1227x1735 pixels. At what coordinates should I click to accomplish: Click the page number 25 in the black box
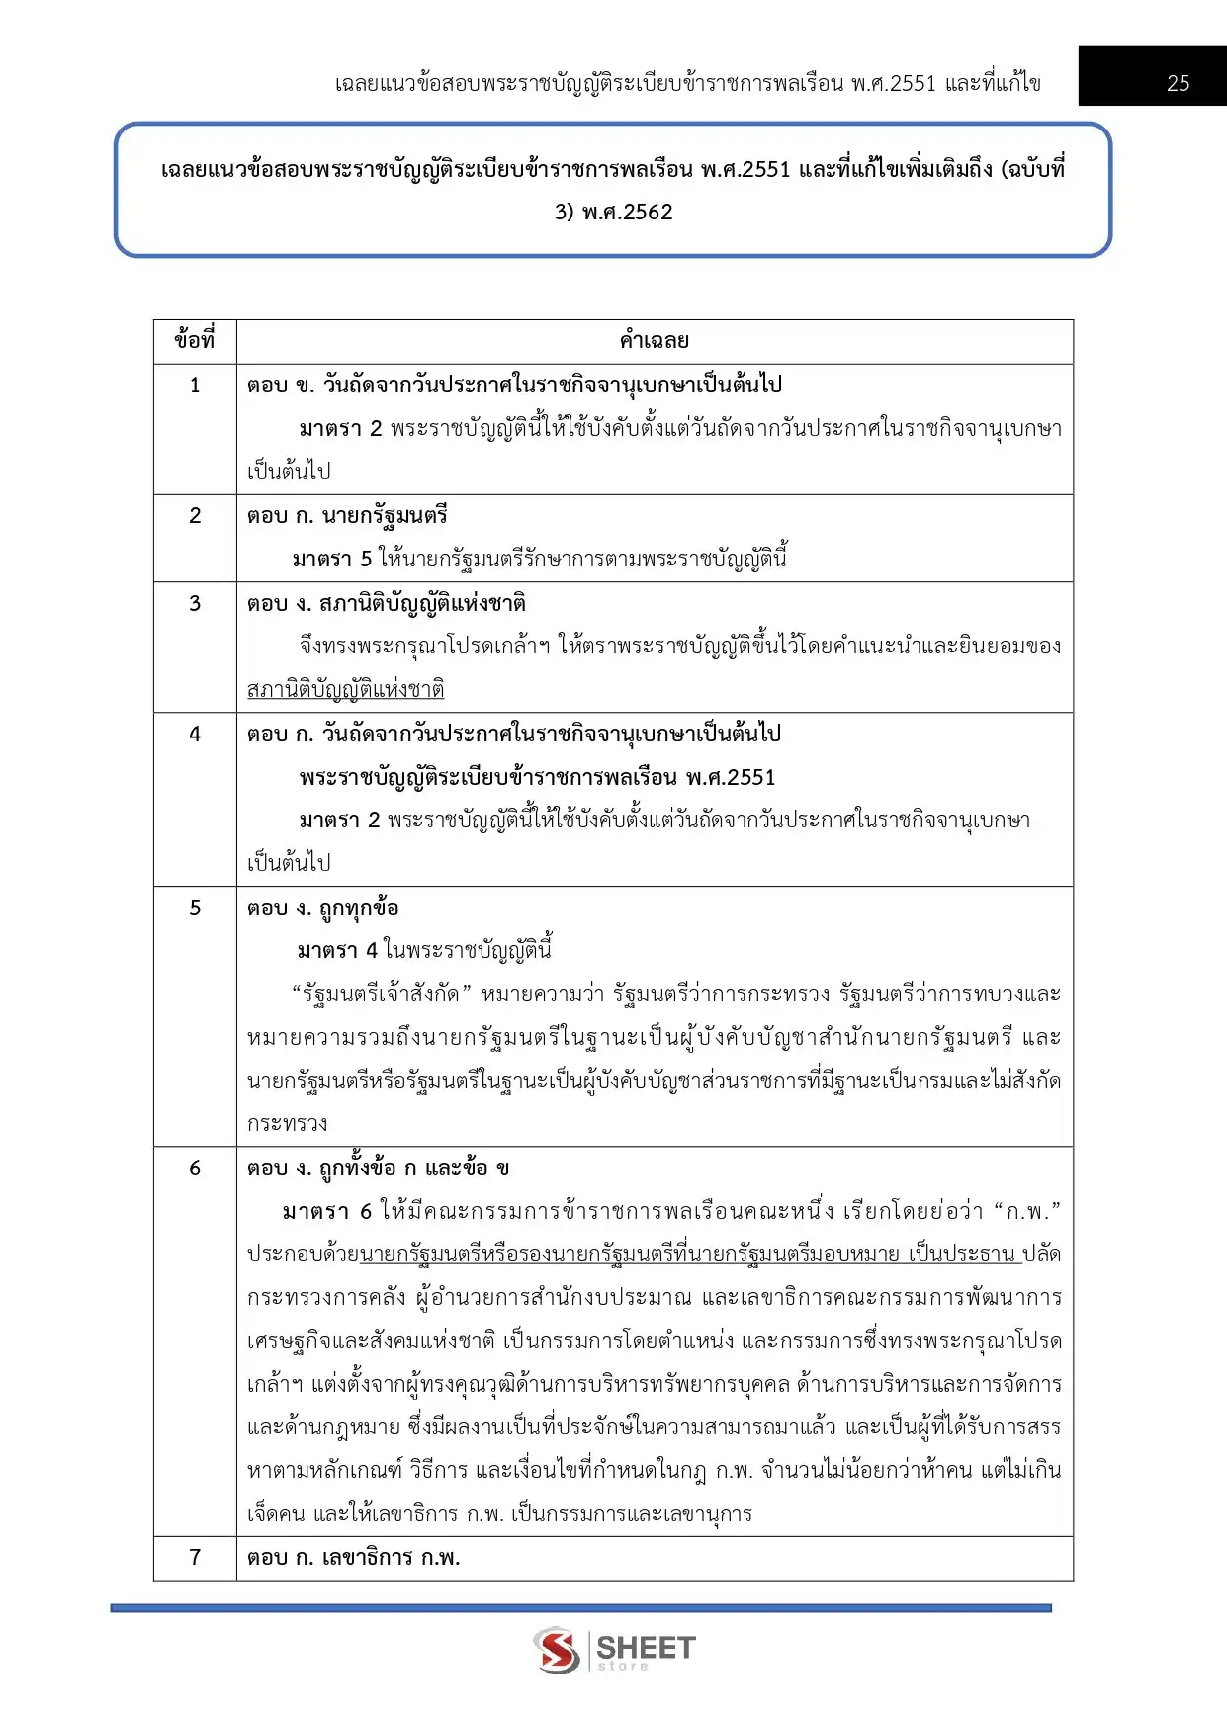tap(1178, 84)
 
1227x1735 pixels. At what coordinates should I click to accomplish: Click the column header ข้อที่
tap(195, 341)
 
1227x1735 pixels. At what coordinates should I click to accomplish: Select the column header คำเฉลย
tap(654, 341)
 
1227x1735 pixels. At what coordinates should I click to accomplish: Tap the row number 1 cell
tap(195, 386)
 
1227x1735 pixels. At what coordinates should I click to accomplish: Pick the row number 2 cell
tap(195, 516)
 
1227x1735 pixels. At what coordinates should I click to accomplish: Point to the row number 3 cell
tap(195, 603)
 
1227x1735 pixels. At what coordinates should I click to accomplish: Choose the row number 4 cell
tap(195, 734)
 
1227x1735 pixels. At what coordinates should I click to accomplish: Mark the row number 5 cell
tap(195, 908)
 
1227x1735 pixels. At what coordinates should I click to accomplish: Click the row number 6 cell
tap(195, 1169)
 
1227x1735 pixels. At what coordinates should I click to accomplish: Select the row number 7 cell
tap(195, 1558)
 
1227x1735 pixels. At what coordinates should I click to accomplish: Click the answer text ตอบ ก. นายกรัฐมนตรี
tap(347, 516)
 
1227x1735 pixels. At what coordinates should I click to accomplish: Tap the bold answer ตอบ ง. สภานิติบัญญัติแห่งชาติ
tap(387, 603)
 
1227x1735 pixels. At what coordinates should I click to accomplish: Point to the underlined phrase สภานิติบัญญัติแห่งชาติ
tap(345, 689)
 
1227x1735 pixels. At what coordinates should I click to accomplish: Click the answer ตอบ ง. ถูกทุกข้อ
tap(323, 908)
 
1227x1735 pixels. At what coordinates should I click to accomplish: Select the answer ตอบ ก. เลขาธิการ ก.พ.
tap(354, 1558)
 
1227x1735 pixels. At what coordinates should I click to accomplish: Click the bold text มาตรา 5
tap(332, 560)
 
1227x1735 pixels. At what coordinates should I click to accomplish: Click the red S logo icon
tap(557, 1650)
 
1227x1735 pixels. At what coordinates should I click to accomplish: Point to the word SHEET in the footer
tap(647, 1647)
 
